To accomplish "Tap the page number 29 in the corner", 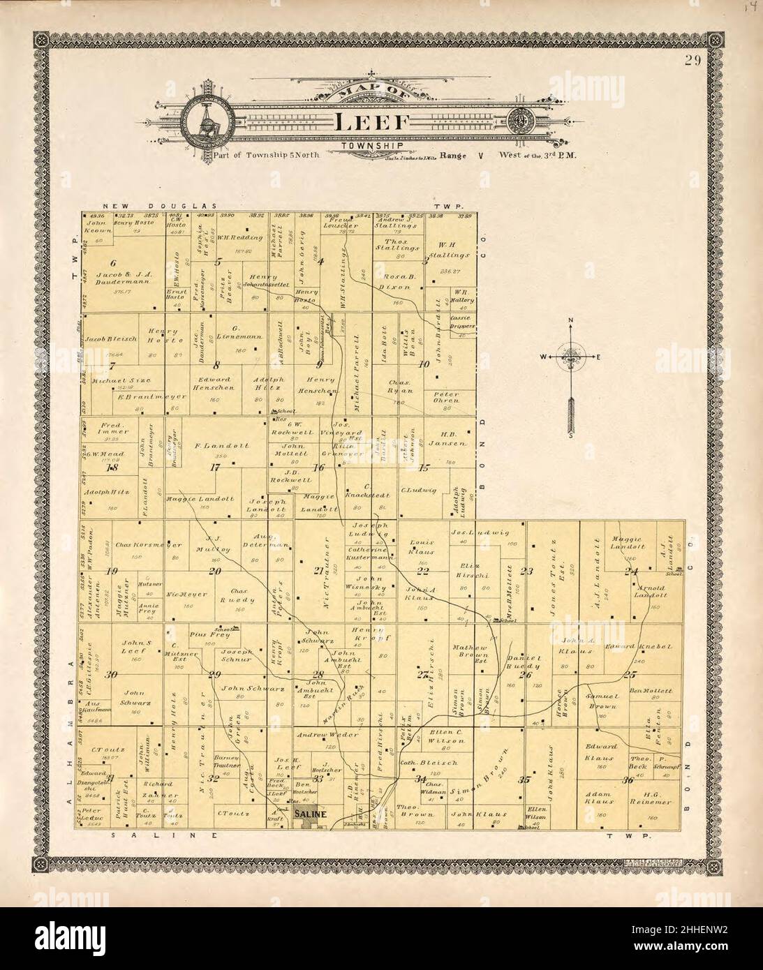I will pos(692,60).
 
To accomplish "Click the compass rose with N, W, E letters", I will pos(572,357).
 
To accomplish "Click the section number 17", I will pos(214,468).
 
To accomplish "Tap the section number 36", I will pos(628,780).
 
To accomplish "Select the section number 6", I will pos(111,262).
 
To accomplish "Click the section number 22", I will pos(422,571).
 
